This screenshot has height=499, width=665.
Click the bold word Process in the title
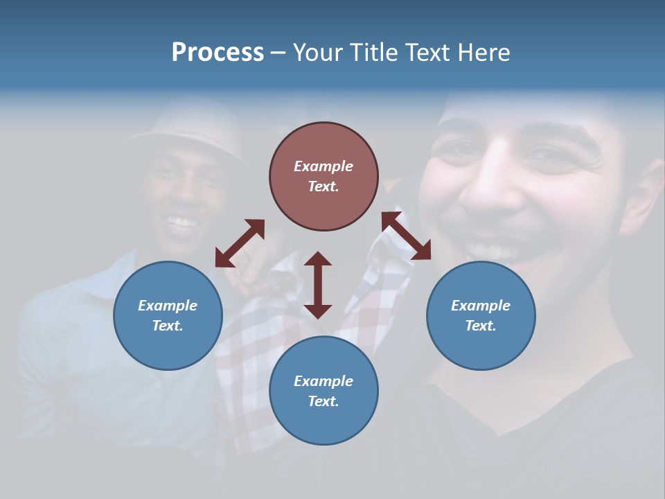coord(218,53)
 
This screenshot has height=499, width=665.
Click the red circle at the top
coord(323,176)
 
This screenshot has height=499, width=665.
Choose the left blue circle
coord(168,315)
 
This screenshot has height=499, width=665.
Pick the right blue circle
coord(481,315)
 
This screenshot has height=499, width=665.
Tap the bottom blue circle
coord(323,391)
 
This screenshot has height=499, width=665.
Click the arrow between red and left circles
coord(240,243)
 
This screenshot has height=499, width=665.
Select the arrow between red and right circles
coord(406,236)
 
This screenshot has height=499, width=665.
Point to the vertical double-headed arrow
coord(318,285)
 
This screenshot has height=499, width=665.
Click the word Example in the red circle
coord(323,166)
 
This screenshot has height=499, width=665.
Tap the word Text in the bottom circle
coord(323,401)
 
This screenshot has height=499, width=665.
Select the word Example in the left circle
coord(168,306)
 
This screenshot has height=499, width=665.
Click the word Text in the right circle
coord(481,326)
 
